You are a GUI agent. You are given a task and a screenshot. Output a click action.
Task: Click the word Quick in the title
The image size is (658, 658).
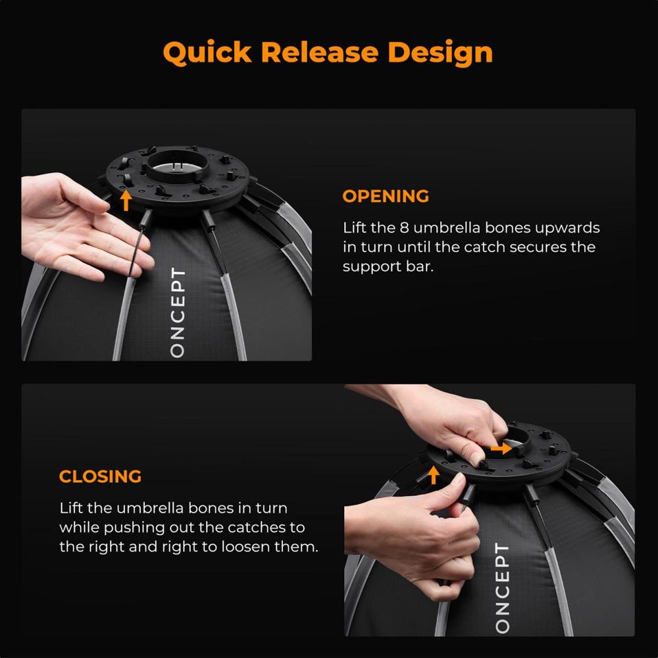point(207,53)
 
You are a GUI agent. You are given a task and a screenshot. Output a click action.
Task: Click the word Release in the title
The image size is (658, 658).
point(319,52)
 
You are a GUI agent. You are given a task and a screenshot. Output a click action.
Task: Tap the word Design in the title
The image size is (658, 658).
point(440,53)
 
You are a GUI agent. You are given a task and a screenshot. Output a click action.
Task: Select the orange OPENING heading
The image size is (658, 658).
point(386,196)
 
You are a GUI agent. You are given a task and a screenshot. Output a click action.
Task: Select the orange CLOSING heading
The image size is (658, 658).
point(100,476)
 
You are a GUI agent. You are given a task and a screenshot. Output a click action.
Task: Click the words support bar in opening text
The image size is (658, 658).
point(388,266)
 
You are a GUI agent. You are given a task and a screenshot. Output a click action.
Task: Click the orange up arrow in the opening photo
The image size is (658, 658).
point(126,201)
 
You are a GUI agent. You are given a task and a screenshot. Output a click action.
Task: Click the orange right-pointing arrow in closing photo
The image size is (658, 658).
point(501,449)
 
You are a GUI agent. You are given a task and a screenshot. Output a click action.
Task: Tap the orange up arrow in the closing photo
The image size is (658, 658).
point(434,475)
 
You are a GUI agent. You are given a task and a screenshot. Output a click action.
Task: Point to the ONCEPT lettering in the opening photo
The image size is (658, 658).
point(178,313)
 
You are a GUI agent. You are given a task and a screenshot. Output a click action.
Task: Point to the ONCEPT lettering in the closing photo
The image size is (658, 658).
point(502,588)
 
